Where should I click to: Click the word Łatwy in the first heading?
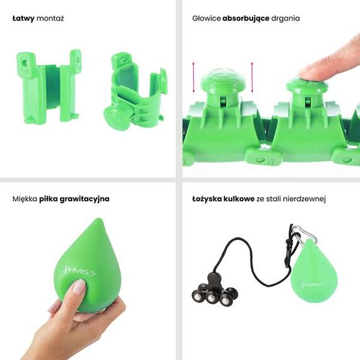(x=23, y=18)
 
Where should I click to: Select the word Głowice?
(x=206, y=18)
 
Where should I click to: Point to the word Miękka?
(x=24, y=198)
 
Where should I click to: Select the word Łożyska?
(x=208, y=198)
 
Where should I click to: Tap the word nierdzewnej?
(x=304, y=198)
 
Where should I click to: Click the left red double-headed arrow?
(x=194, y=76)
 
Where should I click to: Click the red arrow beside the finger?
(x=252, y=75)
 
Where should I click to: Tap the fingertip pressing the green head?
(x=306, y=71)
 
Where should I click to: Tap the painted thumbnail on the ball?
(x=78, y=287)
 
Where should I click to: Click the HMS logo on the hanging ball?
(x=311, y=285)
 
